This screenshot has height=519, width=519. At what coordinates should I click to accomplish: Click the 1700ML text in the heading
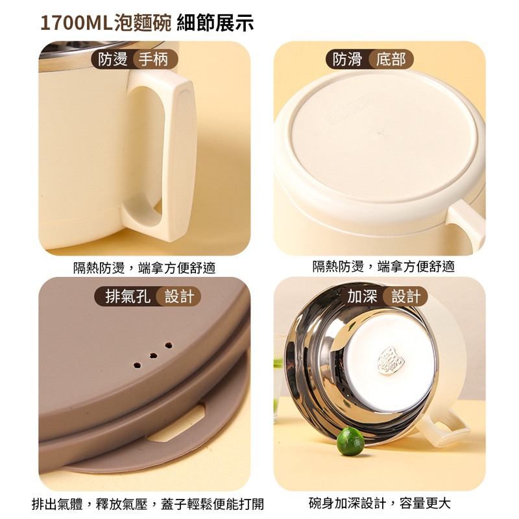coord(77,23)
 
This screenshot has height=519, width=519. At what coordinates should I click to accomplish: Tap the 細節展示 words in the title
coord(215,23)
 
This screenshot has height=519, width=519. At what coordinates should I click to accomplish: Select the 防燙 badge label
coord(113,60)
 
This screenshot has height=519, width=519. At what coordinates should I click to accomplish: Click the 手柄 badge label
coord(153,60)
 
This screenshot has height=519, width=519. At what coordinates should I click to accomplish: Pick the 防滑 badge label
coord(348,60)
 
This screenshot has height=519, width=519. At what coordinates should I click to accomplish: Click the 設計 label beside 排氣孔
coord(180,296)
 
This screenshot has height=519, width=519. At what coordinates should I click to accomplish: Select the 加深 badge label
coord(362,296)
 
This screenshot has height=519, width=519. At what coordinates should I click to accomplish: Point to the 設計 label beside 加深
coord(406,296)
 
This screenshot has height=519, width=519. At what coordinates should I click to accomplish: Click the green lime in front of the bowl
coord(350,441)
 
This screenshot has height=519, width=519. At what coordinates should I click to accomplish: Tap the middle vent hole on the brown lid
coord(153,356)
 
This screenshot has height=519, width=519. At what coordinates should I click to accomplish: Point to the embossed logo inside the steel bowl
coord(391,361)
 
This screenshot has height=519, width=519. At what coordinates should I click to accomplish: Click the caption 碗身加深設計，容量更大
coord(380,503)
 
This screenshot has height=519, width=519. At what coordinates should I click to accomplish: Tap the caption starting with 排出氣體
coord(148,504)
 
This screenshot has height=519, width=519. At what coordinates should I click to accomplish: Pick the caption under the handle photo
coord(144,267)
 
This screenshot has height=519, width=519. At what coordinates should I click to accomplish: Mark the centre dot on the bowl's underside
coord(381,135)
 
